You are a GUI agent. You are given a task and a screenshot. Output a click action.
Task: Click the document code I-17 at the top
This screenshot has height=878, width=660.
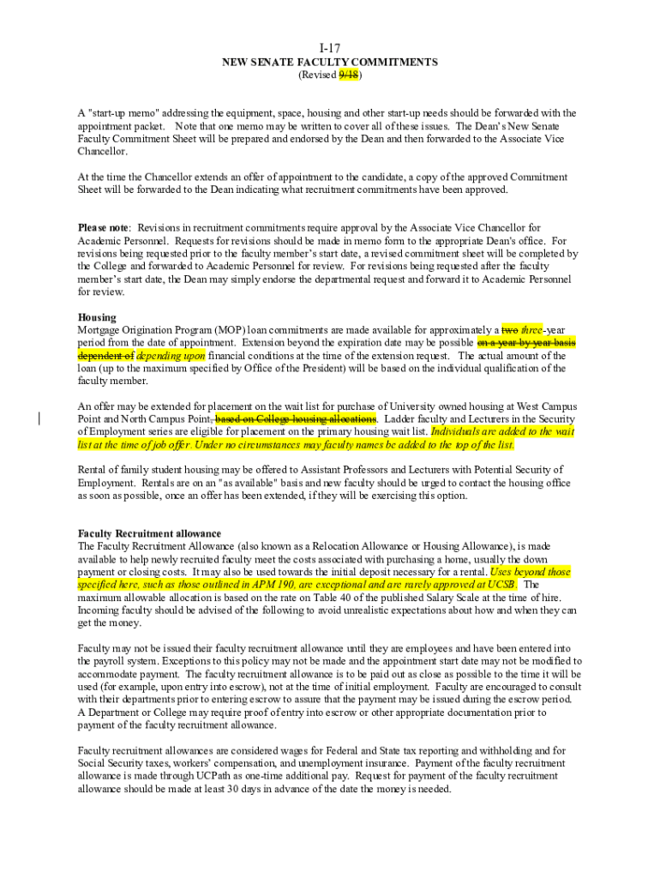(330, 49)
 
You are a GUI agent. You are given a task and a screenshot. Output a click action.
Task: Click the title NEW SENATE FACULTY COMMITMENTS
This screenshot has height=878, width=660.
(330, 62)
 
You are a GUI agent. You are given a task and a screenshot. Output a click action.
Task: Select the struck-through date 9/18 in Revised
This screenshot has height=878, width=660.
(348, 75)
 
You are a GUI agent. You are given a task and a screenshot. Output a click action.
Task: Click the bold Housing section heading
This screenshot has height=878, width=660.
(97, 317)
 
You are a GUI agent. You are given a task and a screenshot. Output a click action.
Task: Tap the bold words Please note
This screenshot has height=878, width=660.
(103, 227)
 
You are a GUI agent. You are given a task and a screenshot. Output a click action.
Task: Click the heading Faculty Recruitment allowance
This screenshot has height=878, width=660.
(149, 533)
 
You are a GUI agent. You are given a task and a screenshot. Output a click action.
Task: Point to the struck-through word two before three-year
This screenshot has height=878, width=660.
(510, 330)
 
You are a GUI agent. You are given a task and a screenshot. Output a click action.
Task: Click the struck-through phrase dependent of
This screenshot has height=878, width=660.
(105, 355)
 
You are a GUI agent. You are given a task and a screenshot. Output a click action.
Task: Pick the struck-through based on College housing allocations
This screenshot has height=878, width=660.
(296, 418)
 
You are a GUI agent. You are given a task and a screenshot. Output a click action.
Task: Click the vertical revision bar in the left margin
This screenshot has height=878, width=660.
(39, 418)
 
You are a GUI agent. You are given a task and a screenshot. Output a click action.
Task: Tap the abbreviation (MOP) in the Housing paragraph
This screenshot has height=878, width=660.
(229, 330)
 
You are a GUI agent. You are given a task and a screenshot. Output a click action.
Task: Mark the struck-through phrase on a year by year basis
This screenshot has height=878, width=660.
(525, 342)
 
